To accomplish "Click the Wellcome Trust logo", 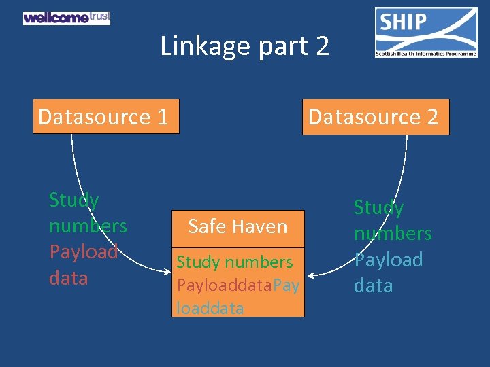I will pos(66,18).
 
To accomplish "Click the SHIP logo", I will pos(426,33).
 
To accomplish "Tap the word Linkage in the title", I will pos(195,46).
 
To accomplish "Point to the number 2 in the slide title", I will pos(322,46).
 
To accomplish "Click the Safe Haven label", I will pos(238,226).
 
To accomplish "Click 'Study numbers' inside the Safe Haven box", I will pos(234,262).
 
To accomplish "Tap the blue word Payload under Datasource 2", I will pos(388,260).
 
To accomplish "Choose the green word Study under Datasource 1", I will pos(73,200).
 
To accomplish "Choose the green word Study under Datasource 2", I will pos(378,207).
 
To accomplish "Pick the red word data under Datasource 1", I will pos(68,277).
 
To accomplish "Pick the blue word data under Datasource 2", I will pos(373,285).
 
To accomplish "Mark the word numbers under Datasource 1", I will pos(88,225).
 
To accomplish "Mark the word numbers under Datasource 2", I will pos(393,234).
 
